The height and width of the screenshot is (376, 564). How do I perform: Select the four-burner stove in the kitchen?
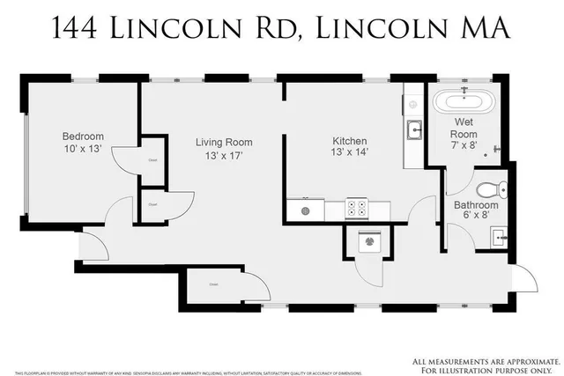[x=357, y=210]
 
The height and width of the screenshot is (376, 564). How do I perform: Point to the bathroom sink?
[x=499, y=236]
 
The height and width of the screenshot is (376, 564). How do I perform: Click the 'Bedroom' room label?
[x=83, y=136]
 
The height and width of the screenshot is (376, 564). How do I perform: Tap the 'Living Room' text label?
[x=224, y=143]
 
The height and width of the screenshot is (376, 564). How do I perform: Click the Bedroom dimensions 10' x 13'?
[x=83, y=151]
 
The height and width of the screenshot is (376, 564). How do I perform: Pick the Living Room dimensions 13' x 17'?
[x=224, y=157]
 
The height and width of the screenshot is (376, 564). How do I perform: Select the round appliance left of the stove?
[x=306, y=210]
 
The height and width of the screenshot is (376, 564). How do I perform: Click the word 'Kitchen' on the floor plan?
[x=350, y=141]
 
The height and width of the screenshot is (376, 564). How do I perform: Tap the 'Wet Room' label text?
[x=465, y=122]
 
